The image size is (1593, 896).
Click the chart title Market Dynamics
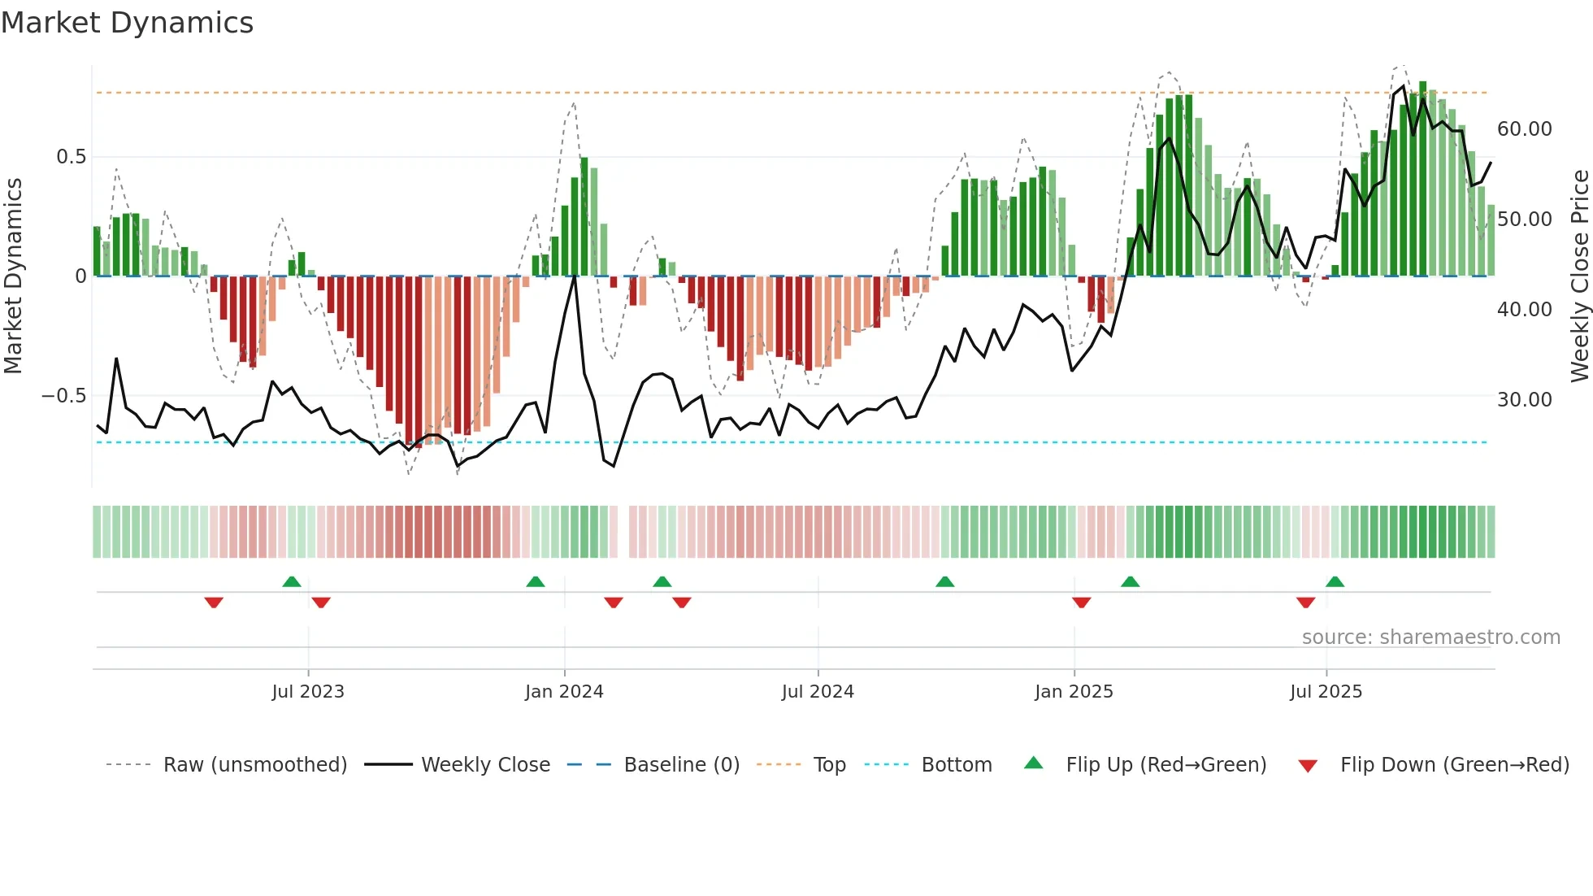click(x=127, y=23)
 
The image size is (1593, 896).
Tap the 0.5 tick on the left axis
click(x=71, y=157)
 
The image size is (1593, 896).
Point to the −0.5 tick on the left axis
click(x=64, y=396)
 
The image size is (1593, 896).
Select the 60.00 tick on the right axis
click(x=1524, y=129)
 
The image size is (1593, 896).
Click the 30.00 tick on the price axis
click(x=1524, y=400)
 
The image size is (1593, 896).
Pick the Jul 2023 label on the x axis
click(x=308, y=692)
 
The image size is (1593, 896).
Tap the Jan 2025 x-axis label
click(x=1074, y=692)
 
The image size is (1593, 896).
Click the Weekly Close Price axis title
click(x=1579, y=276)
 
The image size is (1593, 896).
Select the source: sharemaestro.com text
click(x=1430, y=637)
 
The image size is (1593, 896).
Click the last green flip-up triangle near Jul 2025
click(x=1335, y=581)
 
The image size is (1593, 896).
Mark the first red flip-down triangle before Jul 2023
click(x=214, y=602)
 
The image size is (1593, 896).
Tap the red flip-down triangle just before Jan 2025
click(x=1081, y=602)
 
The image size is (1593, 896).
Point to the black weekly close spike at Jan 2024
click(x=575, y=277)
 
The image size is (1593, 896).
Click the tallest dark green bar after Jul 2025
click(x=1423, y=179)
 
